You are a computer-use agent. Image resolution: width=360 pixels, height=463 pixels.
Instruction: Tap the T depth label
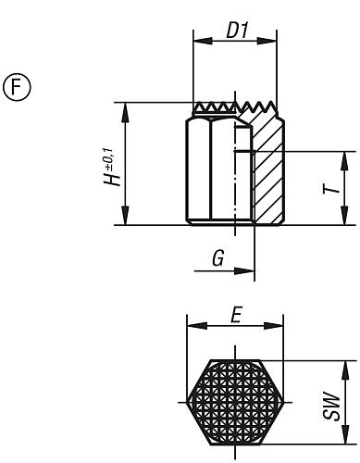329,188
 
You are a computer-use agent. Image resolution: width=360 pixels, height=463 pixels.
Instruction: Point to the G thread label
217,258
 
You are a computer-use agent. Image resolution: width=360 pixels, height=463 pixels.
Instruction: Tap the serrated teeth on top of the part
234,108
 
